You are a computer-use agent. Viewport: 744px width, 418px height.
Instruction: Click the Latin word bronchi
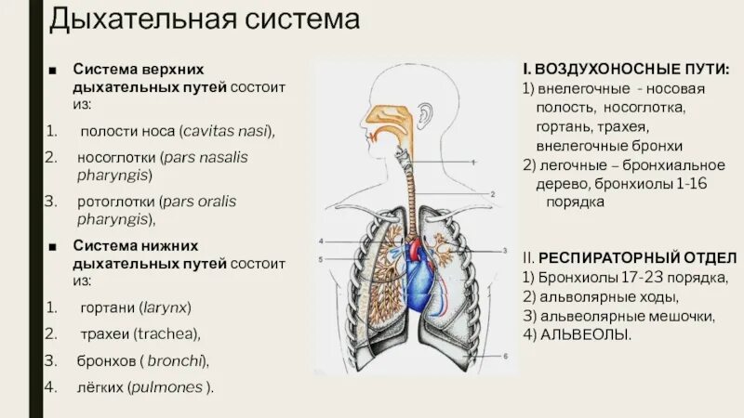coord(178,360)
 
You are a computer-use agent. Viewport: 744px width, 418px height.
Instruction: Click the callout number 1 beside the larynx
coord(473,162)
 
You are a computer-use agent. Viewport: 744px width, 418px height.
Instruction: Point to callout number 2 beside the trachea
coord(492,193)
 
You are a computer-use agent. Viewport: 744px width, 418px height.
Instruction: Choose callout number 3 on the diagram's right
coord(504,251)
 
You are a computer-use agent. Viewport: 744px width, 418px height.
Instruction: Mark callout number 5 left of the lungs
coord(319,259)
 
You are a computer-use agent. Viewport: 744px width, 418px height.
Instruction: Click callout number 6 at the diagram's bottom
coord(505,357)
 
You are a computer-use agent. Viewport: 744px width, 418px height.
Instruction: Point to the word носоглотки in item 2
coord(116,157)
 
